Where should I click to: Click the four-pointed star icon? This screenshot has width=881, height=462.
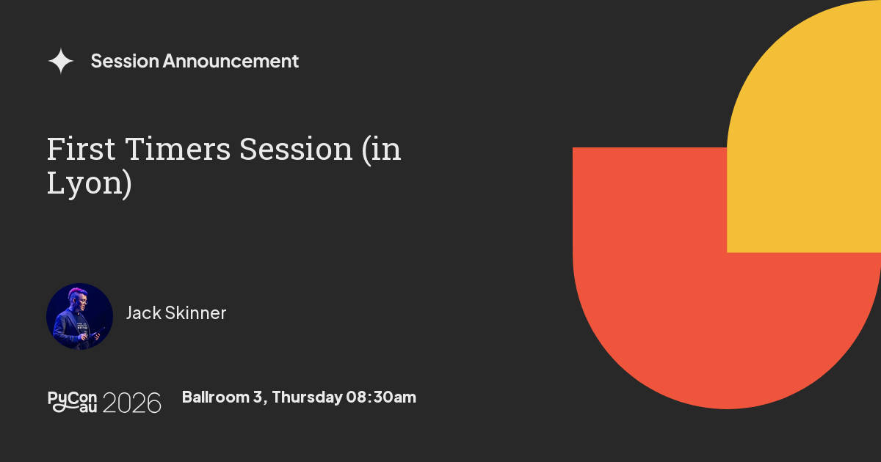(60, 61)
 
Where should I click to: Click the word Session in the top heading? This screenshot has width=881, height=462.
(125, 61)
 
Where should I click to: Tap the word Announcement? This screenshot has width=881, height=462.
(231, 61)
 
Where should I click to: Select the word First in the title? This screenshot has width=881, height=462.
(81, 149)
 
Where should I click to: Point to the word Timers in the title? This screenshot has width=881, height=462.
(178, 149)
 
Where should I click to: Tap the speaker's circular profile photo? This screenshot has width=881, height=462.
(79, 316)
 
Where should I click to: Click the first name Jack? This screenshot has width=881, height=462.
(144, 313)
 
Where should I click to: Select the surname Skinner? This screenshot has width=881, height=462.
(195, 313)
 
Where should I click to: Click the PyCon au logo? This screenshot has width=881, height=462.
(73, 402)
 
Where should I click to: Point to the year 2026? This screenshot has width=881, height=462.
(131, 403)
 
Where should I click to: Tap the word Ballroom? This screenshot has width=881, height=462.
(216, 397)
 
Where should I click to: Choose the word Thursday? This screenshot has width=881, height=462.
(307, 397)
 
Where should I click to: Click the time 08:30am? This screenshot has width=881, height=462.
(381, 397)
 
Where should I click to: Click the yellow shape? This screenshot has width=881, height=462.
(804, 126)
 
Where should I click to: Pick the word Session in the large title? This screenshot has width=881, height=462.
(296, 149)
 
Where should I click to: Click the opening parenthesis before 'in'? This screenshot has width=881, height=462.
(367, 150)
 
